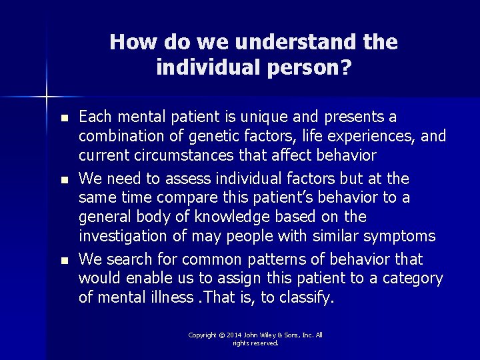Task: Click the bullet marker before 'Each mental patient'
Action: click(x=63, y=118)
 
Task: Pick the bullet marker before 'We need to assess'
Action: click(x=63, y=179)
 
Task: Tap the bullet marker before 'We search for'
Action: click(x=63, y=259)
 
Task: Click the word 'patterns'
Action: click(x=258, y=259)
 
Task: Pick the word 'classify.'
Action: click(x=306, y=297)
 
